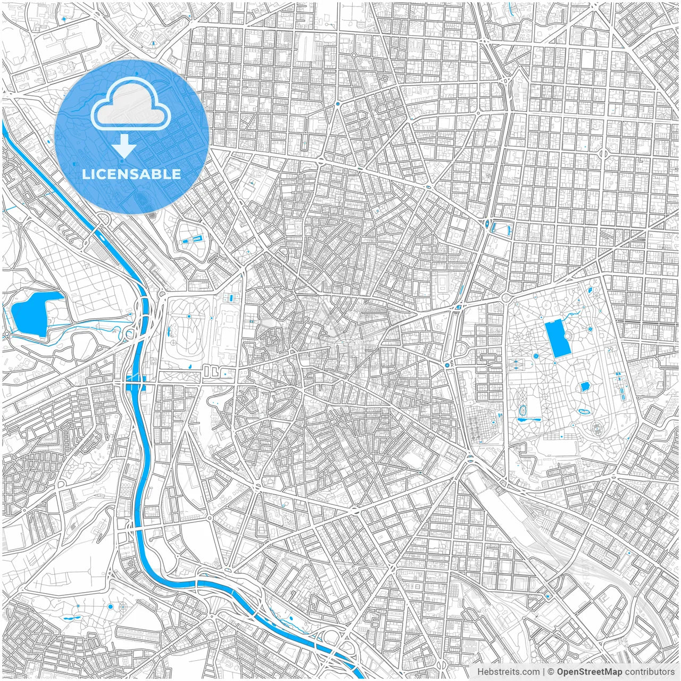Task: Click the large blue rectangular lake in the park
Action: coord(557,339)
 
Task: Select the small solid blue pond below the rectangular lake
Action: coord(585,387)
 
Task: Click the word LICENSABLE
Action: coord(131,174)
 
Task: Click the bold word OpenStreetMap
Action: coord(589,672)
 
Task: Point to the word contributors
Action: coord(650,672)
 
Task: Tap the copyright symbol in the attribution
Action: coord(552,672)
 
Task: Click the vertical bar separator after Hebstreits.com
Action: coord(544,672)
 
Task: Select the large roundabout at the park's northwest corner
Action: coord(504,298)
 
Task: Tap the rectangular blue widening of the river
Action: coord(135,382)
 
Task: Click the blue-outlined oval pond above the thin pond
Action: coord(522,410)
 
